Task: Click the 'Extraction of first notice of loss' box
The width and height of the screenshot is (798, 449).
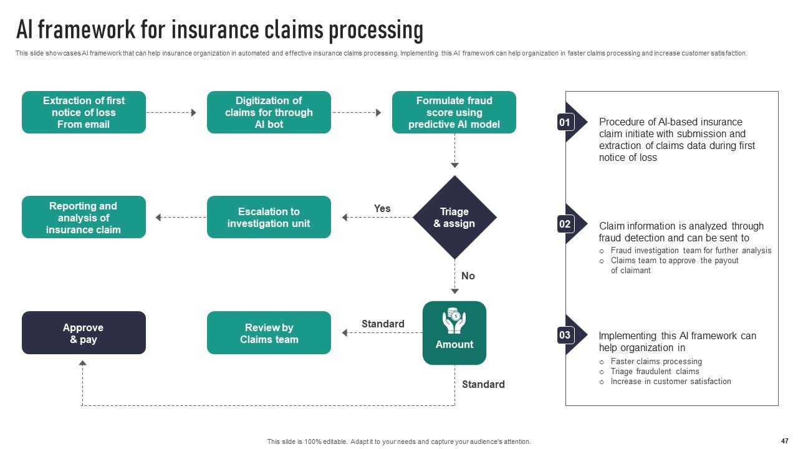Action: pyautogui.click(x=84, y=112)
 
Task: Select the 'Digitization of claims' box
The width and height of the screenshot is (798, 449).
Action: pyautogui.click(x=269, y=112)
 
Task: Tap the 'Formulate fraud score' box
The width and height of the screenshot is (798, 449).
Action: pyautogui.click(x=454, y=112)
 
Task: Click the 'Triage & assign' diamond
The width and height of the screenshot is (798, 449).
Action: pyautogui.click(x=454, y=218)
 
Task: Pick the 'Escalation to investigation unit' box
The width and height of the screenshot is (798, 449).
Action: pyautogui.click(x=269, y=217)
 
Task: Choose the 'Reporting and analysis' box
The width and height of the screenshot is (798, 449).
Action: pyautogui.click(x=84, y=217)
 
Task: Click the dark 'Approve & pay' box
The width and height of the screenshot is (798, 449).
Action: pyautogui.click(x=84, y=333)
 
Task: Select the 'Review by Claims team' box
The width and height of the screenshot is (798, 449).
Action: pyautogui.click(x=269, y=333)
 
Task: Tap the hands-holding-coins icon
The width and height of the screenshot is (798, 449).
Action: pyautogui.click(x=454, y=321)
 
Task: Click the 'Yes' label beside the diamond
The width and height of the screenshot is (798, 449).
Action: pyautogui.click(x=382, y=208)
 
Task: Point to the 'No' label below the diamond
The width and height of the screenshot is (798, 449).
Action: pyautogui.click(x=468, y=276)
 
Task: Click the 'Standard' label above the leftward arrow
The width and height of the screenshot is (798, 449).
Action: pyautogui.click(x=383, y=324)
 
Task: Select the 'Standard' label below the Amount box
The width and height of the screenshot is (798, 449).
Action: pyautogui.click(x=483, y=385)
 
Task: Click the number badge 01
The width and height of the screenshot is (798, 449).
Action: pyautogui.click(x=565, y=123)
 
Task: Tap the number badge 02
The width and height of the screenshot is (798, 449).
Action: pyautogui.click(x=565, y=224)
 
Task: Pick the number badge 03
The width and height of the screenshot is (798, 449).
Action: pyautogui.click(x=565, y=336)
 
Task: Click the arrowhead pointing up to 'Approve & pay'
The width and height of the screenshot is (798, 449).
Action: pyautogui.click(x=83, y=363)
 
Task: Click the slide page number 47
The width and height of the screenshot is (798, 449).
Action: pyautogui.click(x=785, y=441)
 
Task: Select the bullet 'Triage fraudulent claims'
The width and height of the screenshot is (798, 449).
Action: pyautogui.click(x=655, y=371)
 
